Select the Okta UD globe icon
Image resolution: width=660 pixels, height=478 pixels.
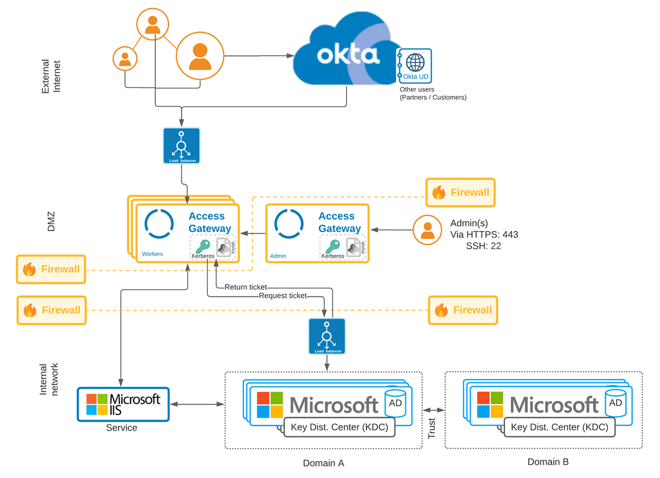point(415,61)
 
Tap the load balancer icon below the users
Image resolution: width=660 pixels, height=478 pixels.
point(182,146)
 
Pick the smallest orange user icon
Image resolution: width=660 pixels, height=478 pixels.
point(125,58)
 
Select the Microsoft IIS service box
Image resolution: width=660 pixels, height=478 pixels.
point(123,404)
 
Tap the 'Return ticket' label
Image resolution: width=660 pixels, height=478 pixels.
point(245,287)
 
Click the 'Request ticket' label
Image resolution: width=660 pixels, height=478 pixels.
point(283,296)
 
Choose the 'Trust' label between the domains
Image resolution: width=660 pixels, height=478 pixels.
point(432,428)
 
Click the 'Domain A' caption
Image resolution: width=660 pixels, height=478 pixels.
point(323,463)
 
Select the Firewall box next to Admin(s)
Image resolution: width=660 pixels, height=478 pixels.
point(461,192)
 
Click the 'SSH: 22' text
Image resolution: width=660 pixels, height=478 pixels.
point(483,246)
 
